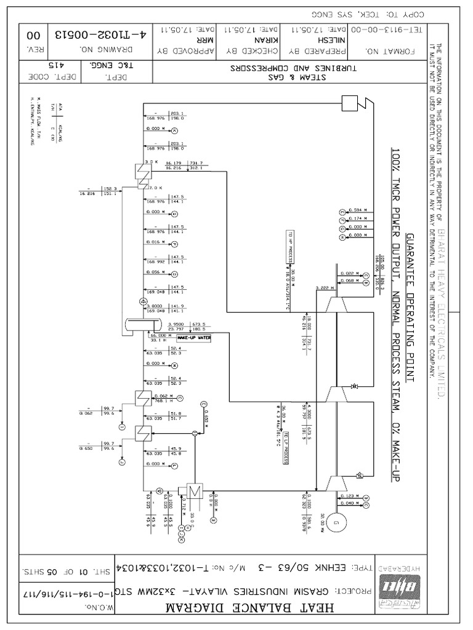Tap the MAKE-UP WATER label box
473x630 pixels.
tap(192, 338)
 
